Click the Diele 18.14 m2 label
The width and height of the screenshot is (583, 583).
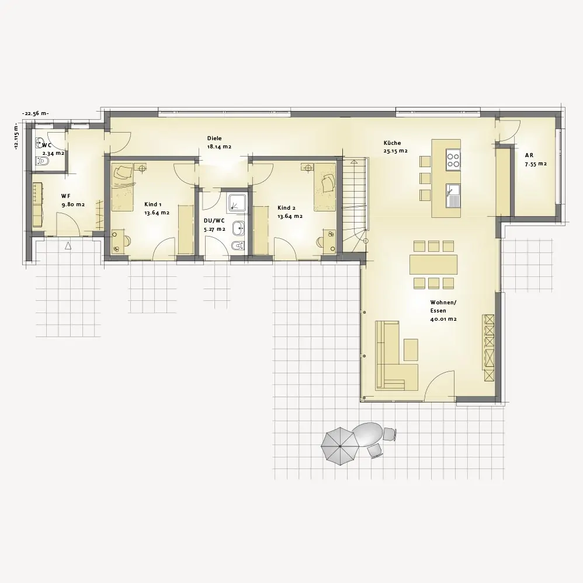pyautogui.click(x=219, y=143)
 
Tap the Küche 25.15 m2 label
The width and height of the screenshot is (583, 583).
pyautogui.click(x=395, y=147)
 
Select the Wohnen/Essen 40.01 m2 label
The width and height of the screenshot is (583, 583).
pyautogui.click(x=443, y=310)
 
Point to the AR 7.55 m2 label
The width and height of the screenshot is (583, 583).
pyautogui.click(x=536, y=159)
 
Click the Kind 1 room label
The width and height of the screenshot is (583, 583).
pyautogui.click(x=157, y=209)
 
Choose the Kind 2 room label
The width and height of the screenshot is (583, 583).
pyautogui.click(x=290, y=212)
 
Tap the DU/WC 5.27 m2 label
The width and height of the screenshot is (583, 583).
pyautogui.click(x=214, y=225)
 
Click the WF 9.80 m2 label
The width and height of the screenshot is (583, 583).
pyautogui.click(x=73, y=200)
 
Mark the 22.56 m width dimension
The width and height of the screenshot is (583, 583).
pyautogui.click(x=36, y=114)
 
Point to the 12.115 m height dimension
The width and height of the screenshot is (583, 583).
pyautogui.click(x=16, y=136)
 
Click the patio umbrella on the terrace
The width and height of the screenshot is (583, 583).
pyautogui.click(x=340, y=446)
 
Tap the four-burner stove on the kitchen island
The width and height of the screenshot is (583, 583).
pyautogui.click(x=453, y=159)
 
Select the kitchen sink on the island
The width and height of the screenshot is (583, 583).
pyautogui.click(x=453, y=196)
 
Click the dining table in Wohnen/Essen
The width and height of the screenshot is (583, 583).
pyautogui.click(x=433, y=265)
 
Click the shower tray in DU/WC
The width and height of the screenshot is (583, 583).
pyautogui.click(x=237, y=202)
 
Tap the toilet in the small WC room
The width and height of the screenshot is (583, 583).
pyautogui.click(x=41, y=161)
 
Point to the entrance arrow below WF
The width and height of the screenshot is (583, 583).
pyautogui.click(x=68, y=245)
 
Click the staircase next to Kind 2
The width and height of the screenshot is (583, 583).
pyautogui.click(x=355, y=205)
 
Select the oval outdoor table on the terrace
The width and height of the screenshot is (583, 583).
pyautogui.click(x=367, y=435)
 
